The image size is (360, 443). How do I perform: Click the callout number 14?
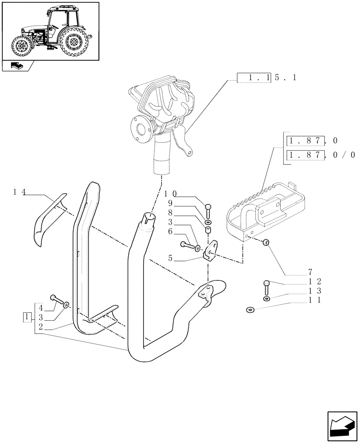20,192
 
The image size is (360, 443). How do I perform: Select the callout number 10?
171,194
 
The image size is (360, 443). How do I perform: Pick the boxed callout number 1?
27,317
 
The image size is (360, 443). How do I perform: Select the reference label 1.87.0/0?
321,155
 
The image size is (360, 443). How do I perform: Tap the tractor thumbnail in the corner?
50,31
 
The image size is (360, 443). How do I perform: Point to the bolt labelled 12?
266,287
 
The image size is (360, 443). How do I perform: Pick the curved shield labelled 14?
48,219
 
